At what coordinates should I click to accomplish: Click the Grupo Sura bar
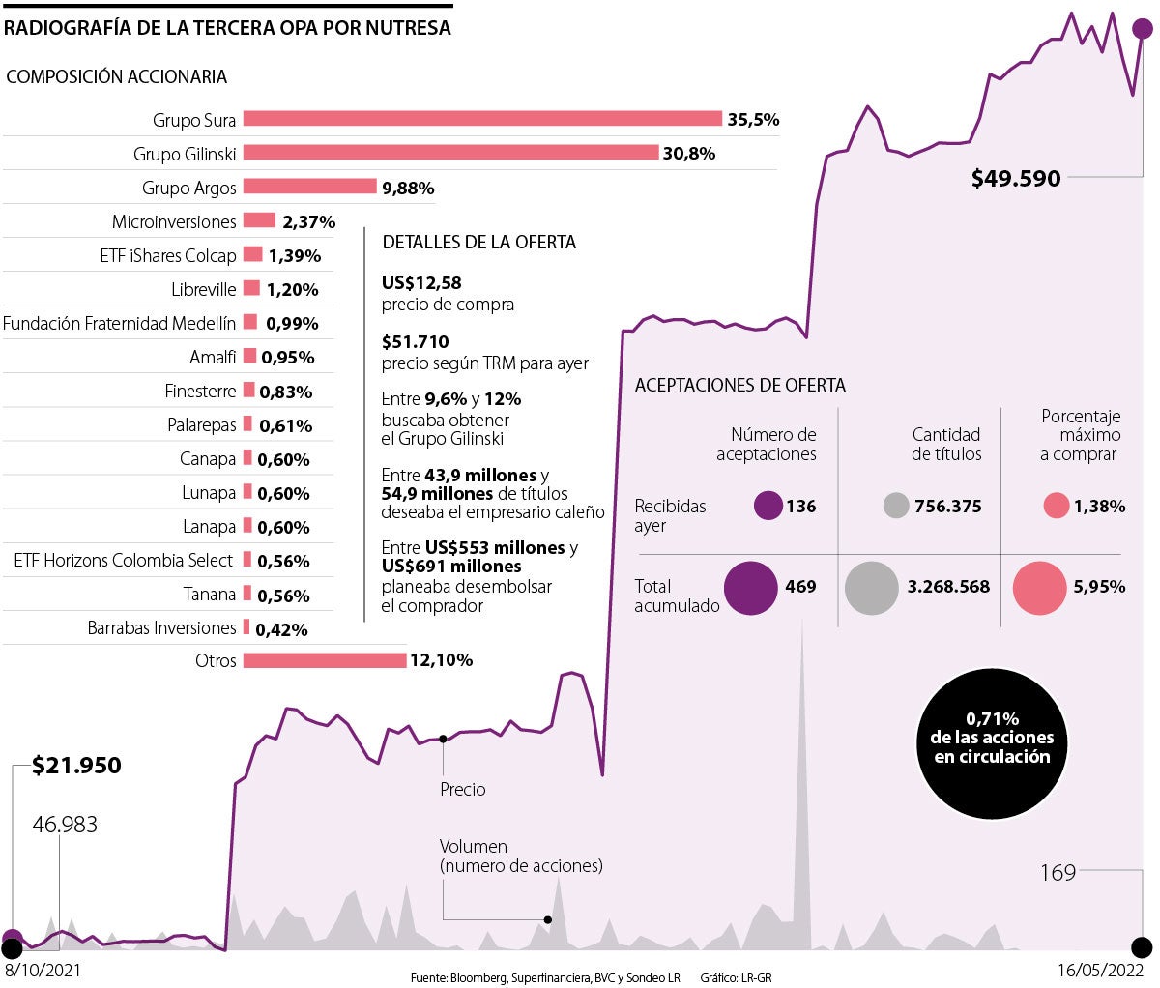tap(482, 119)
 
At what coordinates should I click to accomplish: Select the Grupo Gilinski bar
tap(450, 153)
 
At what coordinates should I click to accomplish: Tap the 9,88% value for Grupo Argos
tap(408, 188)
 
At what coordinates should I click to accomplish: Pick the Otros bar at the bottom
tap(325, 660)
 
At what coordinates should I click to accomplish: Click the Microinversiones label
tap(174, 221)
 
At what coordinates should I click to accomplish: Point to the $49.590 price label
tap(1016, 178)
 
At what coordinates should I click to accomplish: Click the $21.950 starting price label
tap(76, 766)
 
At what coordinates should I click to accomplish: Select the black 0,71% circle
tap(992, 738)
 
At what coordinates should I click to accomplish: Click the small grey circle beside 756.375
tap(896, 506)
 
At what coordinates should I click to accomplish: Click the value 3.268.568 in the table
tap(948, 587)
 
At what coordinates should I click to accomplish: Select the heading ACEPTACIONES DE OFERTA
tap(739, 385)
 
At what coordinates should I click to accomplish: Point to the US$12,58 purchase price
tap(421, 283)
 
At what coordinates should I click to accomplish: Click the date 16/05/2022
tap(1099, 970)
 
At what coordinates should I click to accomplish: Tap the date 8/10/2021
tap(43, 970)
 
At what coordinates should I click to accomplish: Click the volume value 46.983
tap(65, 825)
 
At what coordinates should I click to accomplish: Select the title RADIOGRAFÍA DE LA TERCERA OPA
tap(227, 28)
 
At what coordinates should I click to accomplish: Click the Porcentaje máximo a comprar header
tap(1081, 435)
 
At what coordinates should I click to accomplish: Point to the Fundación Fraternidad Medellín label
tap(119, 324)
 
